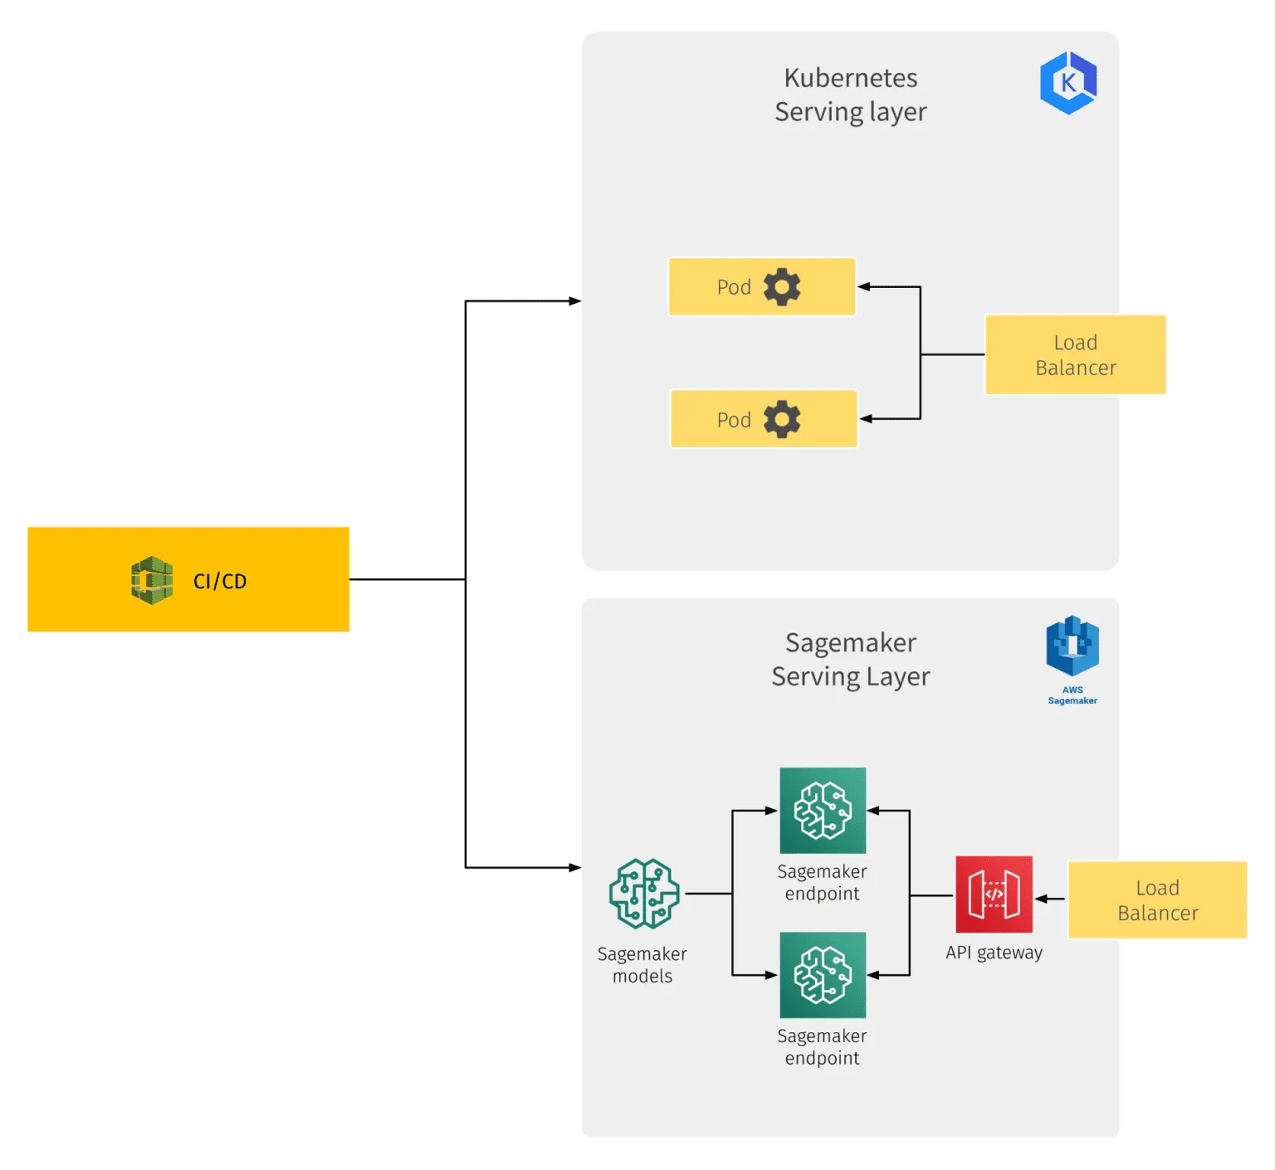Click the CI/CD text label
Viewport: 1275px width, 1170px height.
point(220,581)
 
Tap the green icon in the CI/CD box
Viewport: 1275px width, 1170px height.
point(152,580)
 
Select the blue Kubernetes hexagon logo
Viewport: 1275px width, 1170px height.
point(1068,83)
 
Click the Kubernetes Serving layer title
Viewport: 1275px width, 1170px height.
point(851,95)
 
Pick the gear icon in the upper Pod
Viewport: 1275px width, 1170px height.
point(782,287)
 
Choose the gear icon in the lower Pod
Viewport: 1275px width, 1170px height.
point(782,420)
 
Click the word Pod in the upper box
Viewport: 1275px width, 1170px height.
point(734,287)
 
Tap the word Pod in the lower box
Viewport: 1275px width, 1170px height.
point(734,420)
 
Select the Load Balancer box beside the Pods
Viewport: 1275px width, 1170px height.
point(1075,354)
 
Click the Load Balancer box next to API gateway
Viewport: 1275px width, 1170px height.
point(1157,900)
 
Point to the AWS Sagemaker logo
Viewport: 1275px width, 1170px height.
point(1072,648)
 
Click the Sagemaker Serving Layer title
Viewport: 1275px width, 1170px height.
point(851,660)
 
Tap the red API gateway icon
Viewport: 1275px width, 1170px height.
point(994,895)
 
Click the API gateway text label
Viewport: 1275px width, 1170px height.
point(994,953)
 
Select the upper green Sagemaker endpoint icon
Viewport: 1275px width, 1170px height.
point(823,811)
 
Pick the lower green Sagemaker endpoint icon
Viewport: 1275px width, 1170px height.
point(823,975)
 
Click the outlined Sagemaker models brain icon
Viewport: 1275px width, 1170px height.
point(644,894)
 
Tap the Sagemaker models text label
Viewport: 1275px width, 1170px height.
point(642,965)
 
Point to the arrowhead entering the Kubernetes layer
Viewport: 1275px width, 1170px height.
point(574,301)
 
